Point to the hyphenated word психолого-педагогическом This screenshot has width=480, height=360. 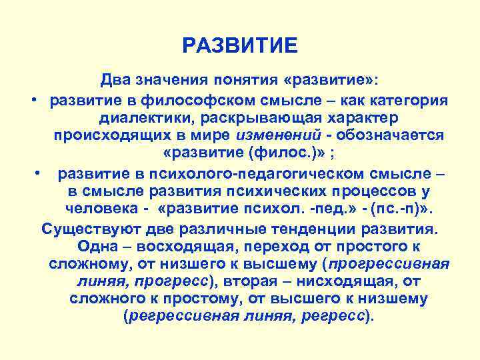click(234, 175)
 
